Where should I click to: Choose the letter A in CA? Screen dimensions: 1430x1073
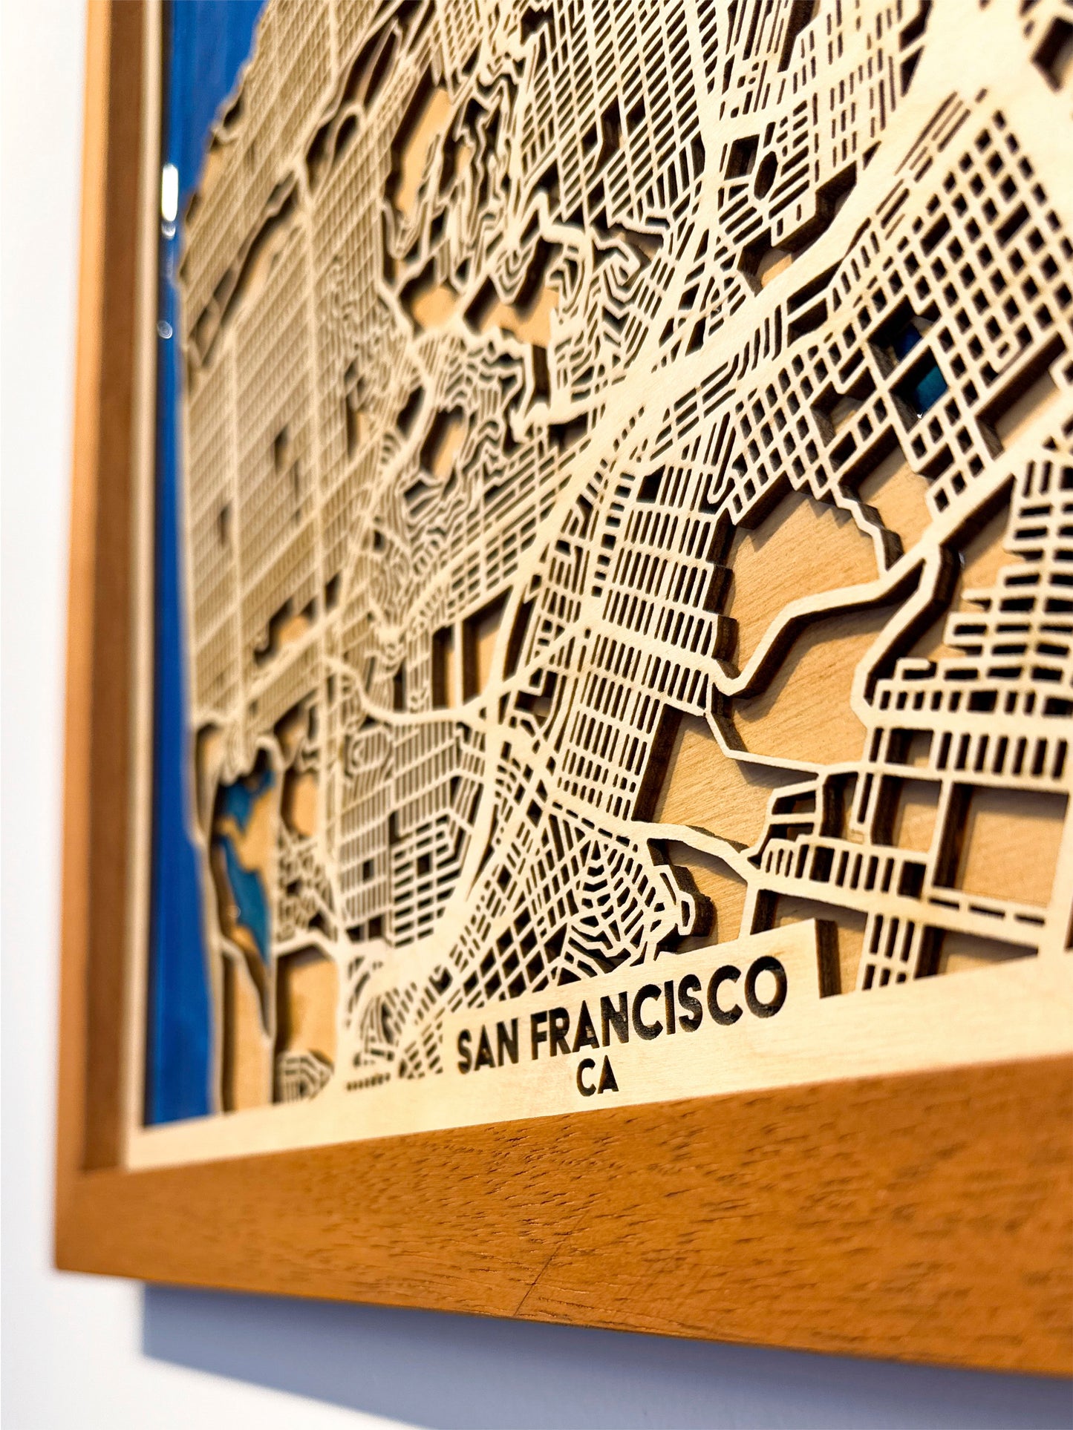pyautogui.click(x=609, y=1078)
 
